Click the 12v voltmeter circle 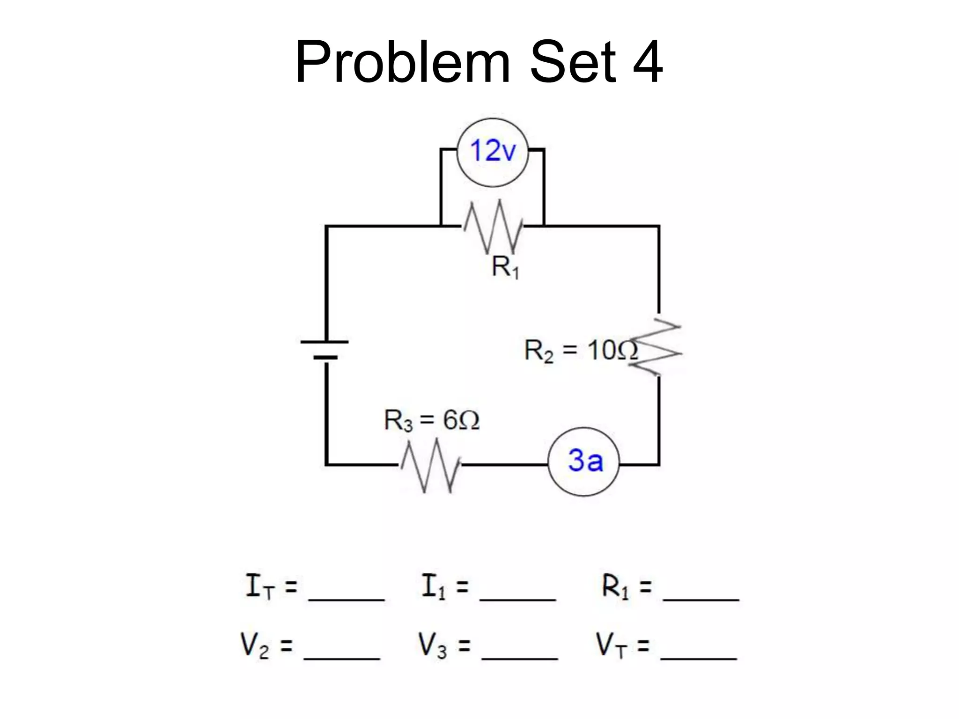[492, 153]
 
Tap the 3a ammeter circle [583, 462]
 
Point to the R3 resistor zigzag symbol [430, 465]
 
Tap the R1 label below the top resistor [505, 268]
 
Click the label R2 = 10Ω [580, 351]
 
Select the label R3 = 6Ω [431, 420]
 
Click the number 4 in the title [648, 62]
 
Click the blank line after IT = [346, 598]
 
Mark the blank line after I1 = [518, 598]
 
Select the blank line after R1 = [701, 598]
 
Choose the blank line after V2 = [342, 658]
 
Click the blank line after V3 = [520, 658]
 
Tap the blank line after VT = [699, 658]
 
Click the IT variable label [259, 587]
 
